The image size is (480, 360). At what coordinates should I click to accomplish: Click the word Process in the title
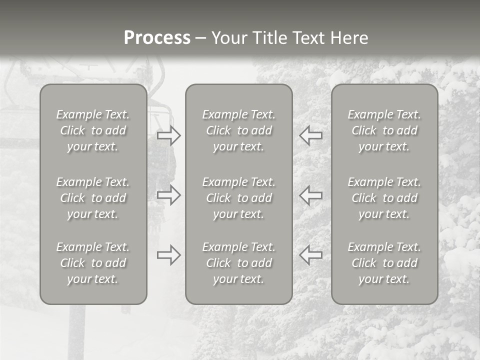157,38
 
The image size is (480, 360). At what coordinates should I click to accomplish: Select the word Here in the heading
349,38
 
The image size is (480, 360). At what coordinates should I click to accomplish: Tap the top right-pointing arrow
168,135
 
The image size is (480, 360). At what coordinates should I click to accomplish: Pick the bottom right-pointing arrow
168,254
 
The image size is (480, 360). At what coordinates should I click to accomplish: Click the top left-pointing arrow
311,135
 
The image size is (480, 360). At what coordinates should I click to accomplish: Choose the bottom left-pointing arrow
311,254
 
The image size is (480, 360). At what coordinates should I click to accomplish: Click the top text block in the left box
93,130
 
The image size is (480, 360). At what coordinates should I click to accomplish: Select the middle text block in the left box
93,198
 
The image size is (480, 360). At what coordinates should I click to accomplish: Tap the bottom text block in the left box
93,263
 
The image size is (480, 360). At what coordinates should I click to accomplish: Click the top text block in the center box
239,130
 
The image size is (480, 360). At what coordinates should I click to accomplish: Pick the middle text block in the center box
239,198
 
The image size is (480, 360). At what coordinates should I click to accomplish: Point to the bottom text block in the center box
239,263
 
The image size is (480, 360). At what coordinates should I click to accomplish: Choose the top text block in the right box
384,130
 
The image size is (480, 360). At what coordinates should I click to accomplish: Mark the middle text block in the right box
384,198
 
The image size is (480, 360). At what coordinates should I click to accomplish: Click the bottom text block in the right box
384,263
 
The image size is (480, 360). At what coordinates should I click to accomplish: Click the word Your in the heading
229,38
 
